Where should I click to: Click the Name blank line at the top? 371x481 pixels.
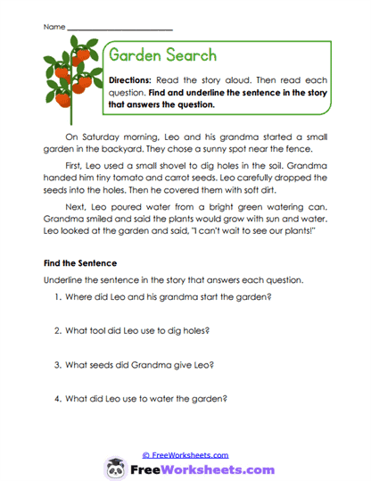(120, 29)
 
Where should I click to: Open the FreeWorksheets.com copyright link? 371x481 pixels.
(185, 454)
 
